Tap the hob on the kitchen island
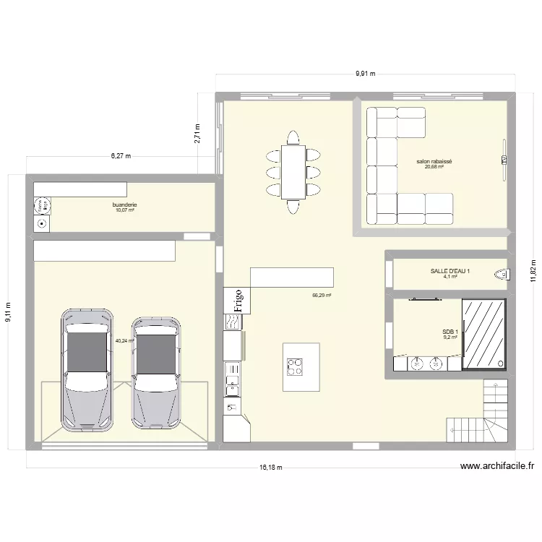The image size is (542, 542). pyautogui.click(x=295, y=366)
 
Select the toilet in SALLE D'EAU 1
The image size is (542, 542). pyautogui.click(x=499, y=274)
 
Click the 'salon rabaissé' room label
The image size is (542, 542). pyautogui.click(x=434, y=162)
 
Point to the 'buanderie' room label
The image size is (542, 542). pyautogui.click(x=124, y=205)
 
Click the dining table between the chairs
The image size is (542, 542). pyautogui.click(x=293, y=172)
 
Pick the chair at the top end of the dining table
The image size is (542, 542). pyautogui.click(x=293, y=137)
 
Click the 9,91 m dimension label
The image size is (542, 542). pyautogui.click(x=365, y=74)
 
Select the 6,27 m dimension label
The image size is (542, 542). pyautogui.click(x=121, y=155)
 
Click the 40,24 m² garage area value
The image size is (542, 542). pyautogui.click(x=124, y=340)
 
